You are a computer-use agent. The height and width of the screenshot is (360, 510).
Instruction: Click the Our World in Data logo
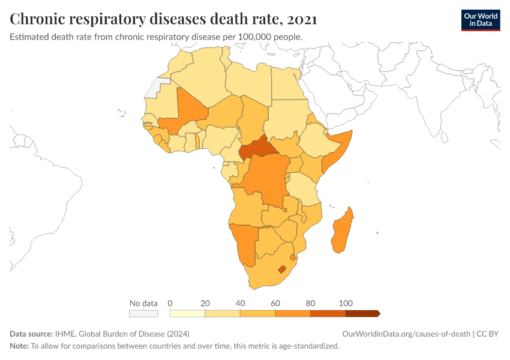point(480,19)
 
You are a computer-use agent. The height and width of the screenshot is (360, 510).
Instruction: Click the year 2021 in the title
point(302,19)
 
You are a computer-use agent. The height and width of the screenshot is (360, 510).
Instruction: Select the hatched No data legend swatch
point(143,313)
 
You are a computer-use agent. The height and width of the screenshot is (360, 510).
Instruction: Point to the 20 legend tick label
point(205,303)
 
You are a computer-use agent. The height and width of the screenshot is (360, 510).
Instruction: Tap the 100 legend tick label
point(345,303)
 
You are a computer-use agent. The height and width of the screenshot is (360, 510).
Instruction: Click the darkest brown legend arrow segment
point(362,313)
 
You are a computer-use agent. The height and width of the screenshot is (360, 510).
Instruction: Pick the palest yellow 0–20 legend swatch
point(187,313)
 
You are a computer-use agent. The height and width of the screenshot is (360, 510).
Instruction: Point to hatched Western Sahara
point(155,88)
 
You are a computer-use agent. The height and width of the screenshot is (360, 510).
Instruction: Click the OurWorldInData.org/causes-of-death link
point(406,334)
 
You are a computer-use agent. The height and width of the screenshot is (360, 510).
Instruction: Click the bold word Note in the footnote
point(19,346)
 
